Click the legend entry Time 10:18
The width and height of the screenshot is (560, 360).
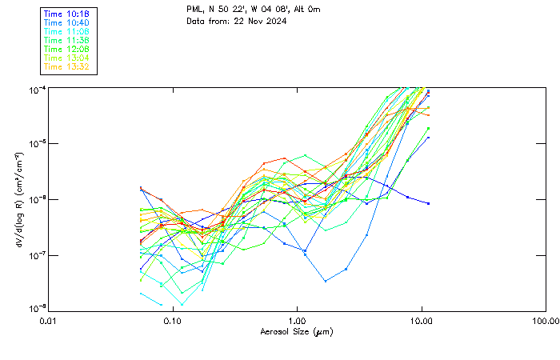pos(66,14)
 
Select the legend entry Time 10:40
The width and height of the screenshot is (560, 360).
pos(66,22)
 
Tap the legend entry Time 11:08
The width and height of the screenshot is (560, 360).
pos(66,31)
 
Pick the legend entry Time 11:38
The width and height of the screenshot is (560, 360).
pos(66,40)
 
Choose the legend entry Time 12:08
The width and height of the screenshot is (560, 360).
pos(66,49)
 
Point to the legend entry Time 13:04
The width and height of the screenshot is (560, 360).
pos(66,58)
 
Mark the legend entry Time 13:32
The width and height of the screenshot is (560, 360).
pos(66,66)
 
